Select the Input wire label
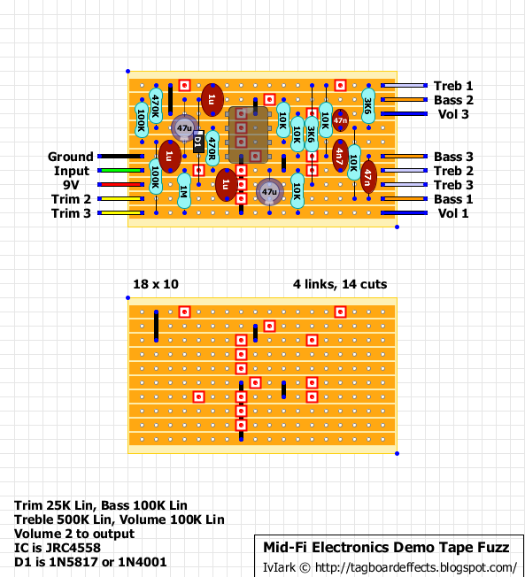coord(72,171)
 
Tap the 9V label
coord(79,185)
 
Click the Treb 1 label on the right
coord(453,86)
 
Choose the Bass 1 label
coord(453,199)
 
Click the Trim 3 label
coord(71,213)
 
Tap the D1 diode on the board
coord(198,142)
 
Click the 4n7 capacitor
coord(340,155)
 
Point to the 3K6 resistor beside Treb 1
coord(367,106)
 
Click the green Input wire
coord(120,171)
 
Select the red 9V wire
coord(120,185)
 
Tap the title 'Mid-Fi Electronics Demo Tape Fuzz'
coord(385,549)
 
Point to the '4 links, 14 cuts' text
coord(340,284)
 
